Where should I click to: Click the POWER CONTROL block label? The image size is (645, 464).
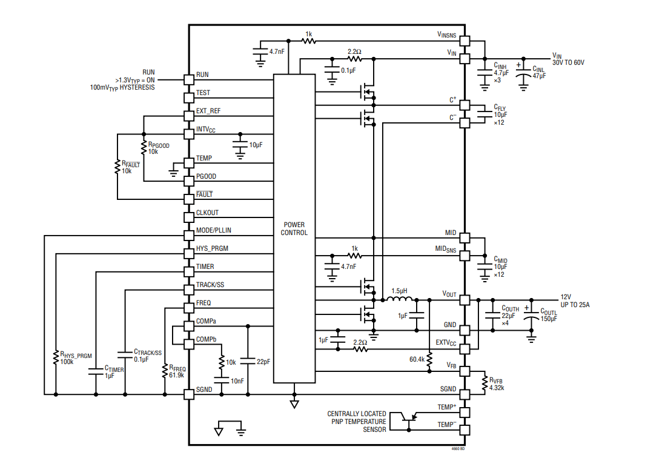pyautogui.click(x=294, y=228)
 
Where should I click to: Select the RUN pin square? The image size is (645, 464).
pyautogui.click(x=188, y=79)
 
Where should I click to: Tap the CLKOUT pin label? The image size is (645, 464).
pyautogui.click(x=207, y=213)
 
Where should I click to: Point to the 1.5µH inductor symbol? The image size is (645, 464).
pyautogui.click(x=400, y=299)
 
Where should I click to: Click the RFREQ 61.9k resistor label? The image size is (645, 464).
pyautogui.click(x=177, y=371)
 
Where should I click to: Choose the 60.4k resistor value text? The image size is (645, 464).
pyautogui.click(x=417, y=359)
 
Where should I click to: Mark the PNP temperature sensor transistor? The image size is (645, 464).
pyautogui.click(x=411, y=417)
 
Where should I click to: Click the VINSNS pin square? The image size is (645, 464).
pyautogui.click(x=464, y=41)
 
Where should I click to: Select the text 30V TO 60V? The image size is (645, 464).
pyautogui.click(x=568, y=62)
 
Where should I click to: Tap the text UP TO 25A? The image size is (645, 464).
pyautogui.click(x=575, y=305)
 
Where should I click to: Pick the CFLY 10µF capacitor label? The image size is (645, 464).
pyautogui.click(x=500, y=114)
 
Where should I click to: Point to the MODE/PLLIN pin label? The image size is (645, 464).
pyautogui.click(x=213, y=231)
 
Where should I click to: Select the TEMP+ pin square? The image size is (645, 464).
pyautogui.click(x=464, y=412)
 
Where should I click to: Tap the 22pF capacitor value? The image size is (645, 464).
pyautogui.click(x=263, y=362)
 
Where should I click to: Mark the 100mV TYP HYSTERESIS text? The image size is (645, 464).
pyautogui.click(x=122, y=87)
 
